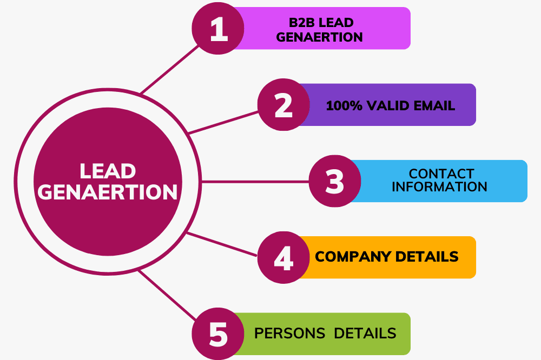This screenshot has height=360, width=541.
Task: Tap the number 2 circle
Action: [283, 105]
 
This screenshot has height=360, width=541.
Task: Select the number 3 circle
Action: [335, 181]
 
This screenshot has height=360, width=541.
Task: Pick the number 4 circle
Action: [283, 258]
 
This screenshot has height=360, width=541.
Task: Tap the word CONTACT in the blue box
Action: [441, 174]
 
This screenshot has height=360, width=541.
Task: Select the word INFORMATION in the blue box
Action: [439, 187]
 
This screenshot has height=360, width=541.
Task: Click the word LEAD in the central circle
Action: [108, 171]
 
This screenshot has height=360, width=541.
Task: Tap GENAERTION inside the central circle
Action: [108, 192]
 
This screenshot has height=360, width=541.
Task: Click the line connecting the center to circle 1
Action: [168, 70]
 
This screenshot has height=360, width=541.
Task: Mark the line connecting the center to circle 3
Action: [254, 181]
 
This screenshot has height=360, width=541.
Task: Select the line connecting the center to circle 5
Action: [168, 294]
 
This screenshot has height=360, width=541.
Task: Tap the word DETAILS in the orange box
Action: [428, 256]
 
